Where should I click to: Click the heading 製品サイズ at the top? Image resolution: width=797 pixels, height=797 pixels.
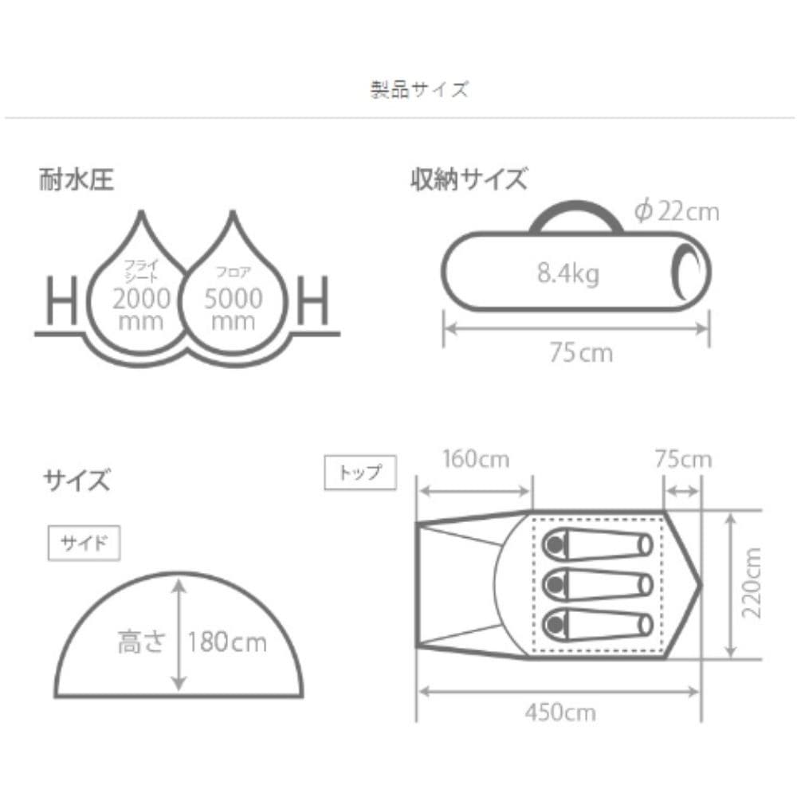419,89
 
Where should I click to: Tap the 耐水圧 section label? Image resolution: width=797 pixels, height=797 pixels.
77,179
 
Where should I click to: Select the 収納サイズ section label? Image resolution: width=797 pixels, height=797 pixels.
469,179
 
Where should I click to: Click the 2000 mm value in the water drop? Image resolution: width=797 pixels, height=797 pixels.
141,309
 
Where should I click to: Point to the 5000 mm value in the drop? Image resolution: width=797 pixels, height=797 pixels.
234,309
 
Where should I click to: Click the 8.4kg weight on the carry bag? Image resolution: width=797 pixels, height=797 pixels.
568,273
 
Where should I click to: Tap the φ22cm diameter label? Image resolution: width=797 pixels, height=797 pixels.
677,211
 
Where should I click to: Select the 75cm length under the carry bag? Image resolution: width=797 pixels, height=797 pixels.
581,353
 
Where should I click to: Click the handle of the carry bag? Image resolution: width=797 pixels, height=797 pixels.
576,208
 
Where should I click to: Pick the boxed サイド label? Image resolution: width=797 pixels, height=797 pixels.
84,544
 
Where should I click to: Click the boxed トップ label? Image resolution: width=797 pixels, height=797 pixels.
360,473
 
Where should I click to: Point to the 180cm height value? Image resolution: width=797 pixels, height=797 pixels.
226,642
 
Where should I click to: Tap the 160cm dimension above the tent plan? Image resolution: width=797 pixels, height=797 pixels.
476,459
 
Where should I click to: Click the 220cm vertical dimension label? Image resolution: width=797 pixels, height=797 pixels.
752,583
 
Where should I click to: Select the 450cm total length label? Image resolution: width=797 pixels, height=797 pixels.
560,713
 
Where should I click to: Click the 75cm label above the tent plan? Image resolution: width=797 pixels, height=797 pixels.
683,459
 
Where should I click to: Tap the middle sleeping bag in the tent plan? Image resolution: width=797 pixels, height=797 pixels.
597,585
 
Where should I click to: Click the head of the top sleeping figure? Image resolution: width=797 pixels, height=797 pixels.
555,545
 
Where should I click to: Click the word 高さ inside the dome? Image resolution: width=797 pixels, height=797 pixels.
141,642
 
